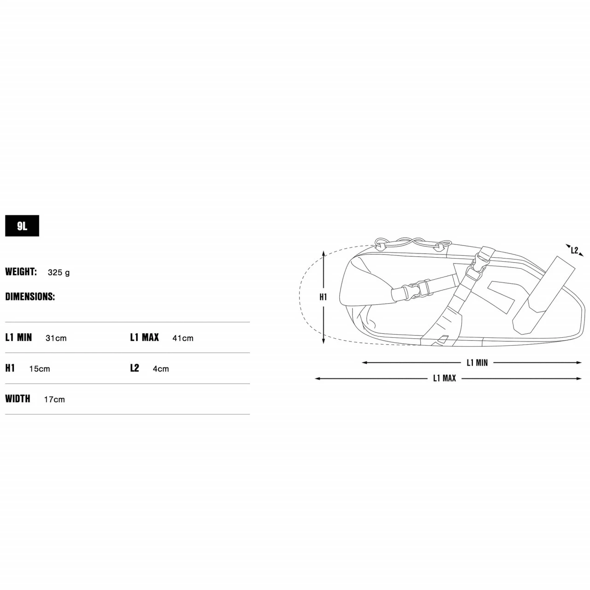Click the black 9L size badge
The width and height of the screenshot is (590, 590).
[22, 226]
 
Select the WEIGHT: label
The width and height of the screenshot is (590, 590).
[21, 271]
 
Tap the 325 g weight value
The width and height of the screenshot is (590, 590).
[59, 272]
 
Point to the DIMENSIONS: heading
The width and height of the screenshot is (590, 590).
[30, 296]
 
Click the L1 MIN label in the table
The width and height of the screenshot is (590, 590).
[19, 337]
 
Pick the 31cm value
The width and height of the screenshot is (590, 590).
[56, 338]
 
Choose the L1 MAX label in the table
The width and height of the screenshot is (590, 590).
[145, 337]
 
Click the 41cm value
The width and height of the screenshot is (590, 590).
[183, 338]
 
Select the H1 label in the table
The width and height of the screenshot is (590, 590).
[10, 368]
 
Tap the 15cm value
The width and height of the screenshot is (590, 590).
[40, 369]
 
